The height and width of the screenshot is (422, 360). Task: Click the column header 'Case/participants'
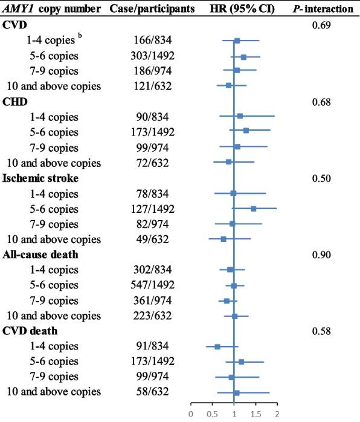click(x=153, y=10)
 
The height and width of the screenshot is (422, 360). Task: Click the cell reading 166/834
click(x=153, y=41)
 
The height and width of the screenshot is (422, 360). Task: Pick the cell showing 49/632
click(x=153, y=239)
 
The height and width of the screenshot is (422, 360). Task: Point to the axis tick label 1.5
click(x=256, y=414)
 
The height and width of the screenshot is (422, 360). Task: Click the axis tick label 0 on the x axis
click(x=191, y=414)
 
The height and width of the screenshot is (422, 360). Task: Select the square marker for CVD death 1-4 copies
click(x=217, y=346)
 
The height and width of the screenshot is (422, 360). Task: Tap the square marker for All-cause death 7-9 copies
click(x=227, y=300)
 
